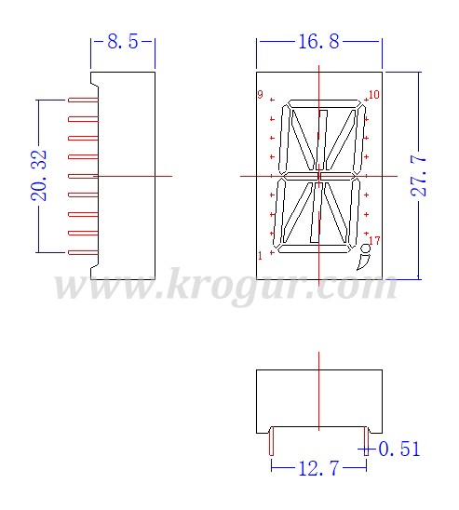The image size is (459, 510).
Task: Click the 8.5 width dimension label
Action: tap(123, 42)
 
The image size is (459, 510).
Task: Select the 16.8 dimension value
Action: tap(318, 42)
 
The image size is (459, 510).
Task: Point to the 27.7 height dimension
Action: tap(418, 176)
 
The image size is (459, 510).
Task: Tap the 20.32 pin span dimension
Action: tap(39, 176)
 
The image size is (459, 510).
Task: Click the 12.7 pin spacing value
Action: tap(318, 468)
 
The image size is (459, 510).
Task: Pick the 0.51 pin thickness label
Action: tap(399, 449)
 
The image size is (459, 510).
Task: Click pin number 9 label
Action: tap(261, 94)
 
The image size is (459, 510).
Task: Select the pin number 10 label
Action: tap(374, 95)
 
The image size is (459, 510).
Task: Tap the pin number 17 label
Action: tap(374, 241)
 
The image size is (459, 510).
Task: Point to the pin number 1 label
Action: tap(260, 256)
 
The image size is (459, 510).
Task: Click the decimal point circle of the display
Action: tap(366, 248)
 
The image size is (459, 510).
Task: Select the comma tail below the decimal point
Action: tap(363, 262)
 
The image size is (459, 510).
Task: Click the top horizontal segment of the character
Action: tap(324, 105)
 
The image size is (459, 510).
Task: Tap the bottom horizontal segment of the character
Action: tap(314, 248)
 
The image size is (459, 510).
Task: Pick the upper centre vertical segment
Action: tap(322, 140)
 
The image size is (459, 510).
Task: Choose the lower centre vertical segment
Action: tap(316, 212)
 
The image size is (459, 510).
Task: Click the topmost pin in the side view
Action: tap(83, 100)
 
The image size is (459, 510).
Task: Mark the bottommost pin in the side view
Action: tap(83, 252)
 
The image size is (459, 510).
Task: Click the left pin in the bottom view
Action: tap(272, 441)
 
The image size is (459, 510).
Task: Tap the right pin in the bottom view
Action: tap(366, 441)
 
